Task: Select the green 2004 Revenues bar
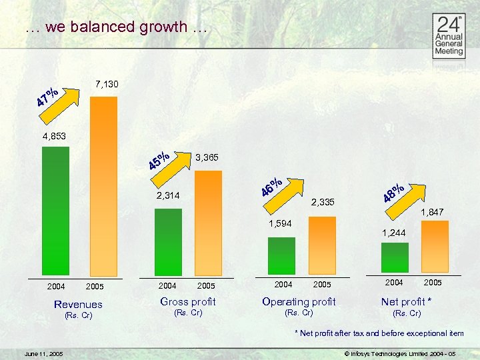pos(55,210)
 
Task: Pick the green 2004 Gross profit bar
pos(168,241)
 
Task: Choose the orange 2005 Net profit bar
pos(435,246)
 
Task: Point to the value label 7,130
pos(107,85)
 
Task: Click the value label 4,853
pos(55,137)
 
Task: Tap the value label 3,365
pos(208,158)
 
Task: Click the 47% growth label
pos(47,97)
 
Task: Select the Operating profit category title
pos(299,302)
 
